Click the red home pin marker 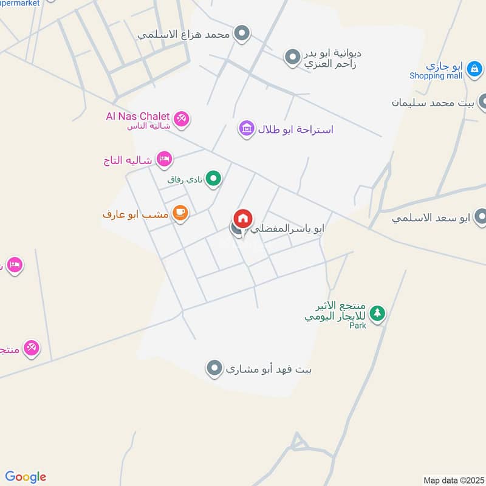[243, 219]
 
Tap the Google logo [26, 477]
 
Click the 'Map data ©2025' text [453, 480]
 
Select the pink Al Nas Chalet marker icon [180, 118]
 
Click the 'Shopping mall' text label [436, 76]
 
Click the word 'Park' [358, 326]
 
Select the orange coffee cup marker [180, 213]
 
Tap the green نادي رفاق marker [213, 179]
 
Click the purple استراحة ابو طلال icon [246, 129]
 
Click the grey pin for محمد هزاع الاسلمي [242, 33]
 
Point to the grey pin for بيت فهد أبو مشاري [214, 368]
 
